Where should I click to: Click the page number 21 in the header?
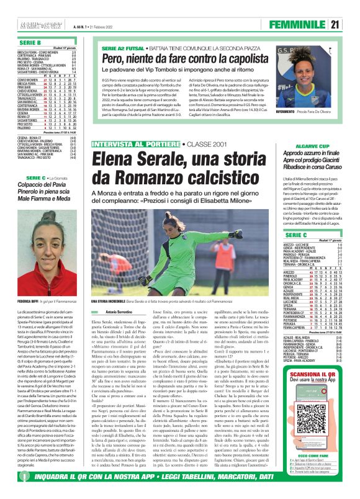coord(352,25)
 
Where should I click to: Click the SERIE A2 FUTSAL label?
coord(120,47)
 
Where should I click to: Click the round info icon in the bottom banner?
coord(8,493)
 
